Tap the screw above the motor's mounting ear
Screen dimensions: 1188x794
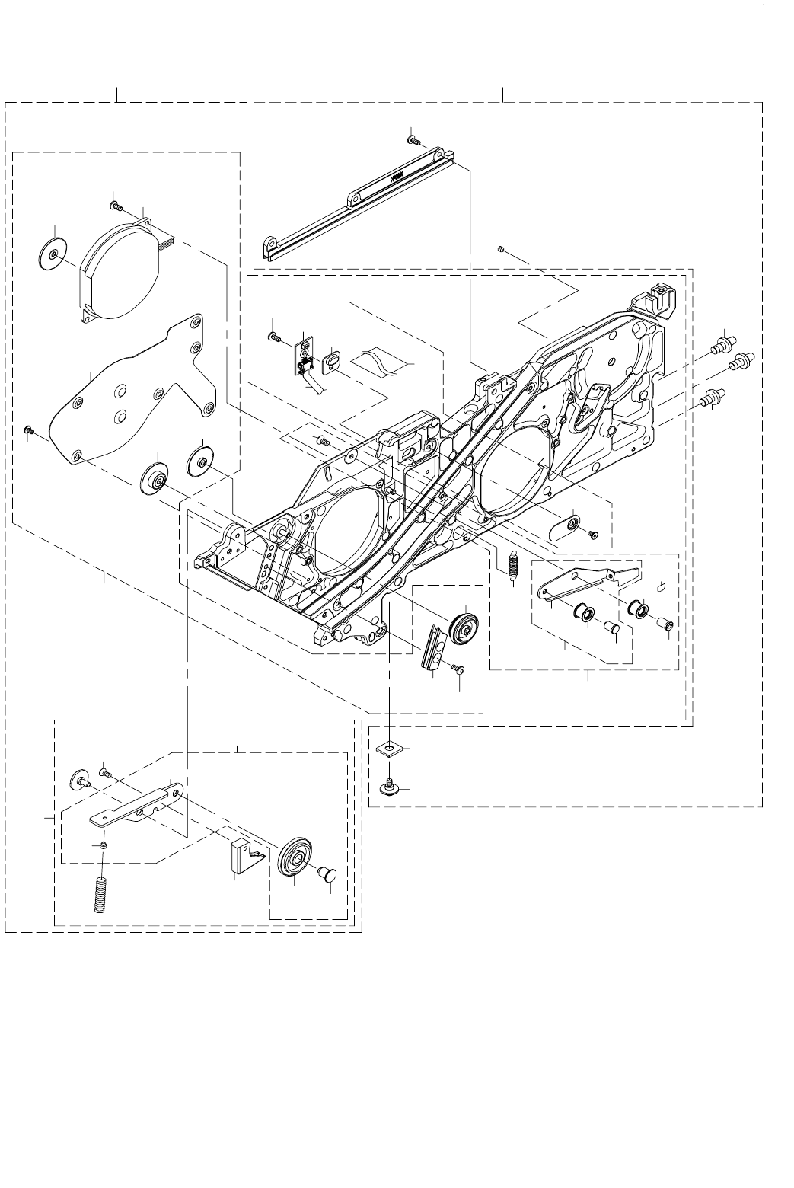[116, 205]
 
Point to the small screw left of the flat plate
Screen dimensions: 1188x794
[28, 431]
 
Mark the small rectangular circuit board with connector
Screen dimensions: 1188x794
[305, 357]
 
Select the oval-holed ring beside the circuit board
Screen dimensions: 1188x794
[332, 362]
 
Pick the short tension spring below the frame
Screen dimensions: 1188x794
[512, 564]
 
